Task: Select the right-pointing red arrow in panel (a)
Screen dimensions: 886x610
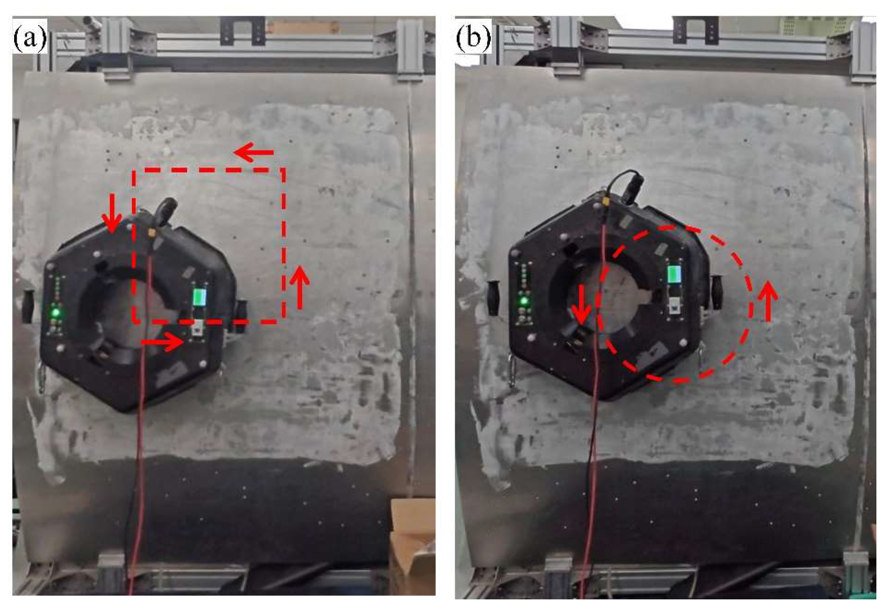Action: pos(162,342)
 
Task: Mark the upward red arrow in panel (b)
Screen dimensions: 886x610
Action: pos(768,301)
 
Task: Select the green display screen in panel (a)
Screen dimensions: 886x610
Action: pos(200,297)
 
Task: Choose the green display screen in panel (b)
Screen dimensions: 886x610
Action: pos(674,274)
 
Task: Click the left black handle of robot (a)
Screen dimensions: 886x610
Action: pos(27,307)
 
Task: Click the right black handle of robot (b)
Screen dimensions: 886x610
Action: pos(716,292)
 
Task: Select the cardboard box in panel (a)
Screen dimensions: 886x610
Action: pos(413,546)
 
